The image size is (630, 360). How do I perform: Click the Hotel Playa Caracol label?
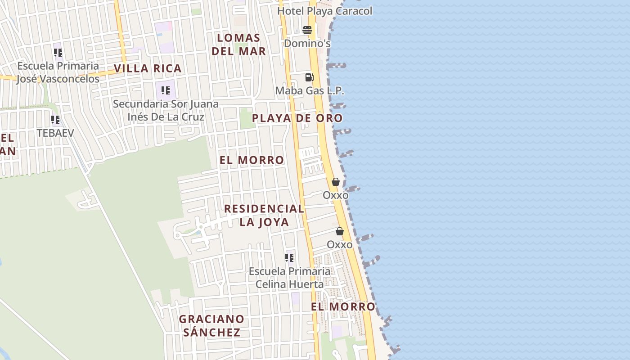tap(324, 11)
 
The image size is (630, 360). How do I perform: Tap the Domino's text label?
tap(307, 44)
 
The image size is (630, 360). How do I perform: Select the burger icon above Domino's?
tap(307, 30)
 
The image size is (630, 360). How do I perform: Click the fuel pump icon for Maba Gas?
tap(309, 77)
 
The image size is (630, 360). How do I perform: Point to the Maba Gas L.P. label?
tap(310, 90)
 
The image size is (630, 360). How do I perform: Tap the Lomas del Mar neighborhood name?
tap(238, 44)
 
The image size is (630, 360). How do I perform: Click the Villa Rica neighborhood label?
tap(148, 68)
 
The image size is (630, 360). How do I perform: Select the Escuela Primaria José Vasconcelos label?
tap(58, 72)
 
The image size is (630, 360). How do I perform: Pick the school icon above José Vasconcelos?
tap(58, 53)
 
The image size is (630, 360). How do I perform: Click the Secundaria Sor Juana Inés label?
tap(166, 110)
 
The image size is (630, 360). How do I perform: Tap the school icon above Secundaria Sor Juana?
tap(166, 90)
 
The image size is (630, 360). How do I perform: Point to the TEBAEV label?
tap(55, 133)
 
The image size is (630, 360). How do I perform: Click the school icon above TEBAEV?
tap(55, 120)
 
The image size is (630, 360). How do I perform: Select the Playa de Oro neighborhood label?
tap(297, 118)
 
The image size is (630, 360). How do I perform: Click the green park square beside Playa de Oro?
tap(246, 118)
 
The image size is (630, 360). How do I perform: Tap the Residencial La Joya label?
tap(264, 215)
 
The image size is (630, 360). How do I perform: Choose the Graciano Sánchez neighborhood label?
tap(211, 325)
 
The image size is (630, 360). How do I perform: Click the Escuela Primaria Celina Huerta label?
tap(289, 278)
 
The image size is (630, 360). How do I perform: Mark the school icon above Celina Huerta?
tap(289, 258)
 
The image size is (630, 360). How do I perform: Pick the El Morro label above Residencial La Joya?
tap(252, 160)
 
